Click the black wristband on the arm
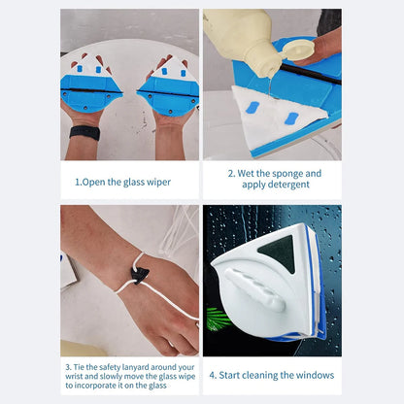click(x=84, y=132)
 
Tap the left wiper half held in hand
click(x=91, y=89)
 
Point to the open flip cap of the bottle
click(x=299, y=49)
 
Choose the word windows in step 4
click(x=313, y=375)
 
